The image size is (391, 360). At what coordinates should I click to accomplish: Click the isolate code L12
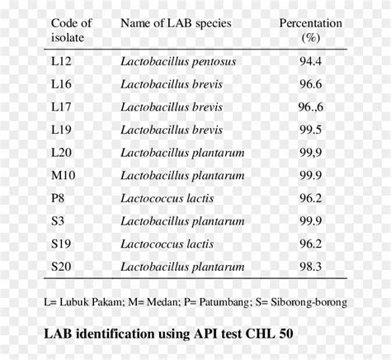tap(62, 61)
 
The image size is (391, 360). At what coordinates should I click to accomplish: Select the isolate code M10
tap(64, 175)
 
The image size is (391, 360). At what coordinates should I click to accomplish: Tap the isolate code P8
tap(59, 198)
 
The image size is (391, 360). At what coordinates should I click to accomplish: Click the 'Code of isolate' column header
tap(71, 31)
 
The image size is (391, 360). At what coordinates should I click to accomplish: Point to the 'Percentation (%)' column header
tap(310, 31)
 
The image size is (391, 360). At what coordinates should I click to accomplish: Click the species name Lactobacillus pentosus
tap(177, 61)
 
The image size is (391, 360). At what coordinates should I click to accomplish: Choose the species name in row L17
tap(172, 107)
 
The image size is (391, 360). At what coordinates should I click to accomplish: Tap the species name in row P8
tap(167, 198)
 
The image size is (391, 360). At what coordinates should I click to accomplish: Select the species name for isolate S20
tap(182, 266)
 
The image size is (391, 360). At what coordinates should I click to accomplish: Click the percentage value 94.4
tap(310, 61)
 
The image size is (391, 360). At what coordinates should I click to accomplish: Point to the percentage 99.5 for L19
tap(310, 130)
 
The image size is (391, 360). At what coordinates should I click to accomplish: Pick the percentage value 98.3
tap(310, 266)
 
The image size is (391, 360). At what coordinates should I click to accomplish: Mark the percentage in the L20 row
tap(310, 153)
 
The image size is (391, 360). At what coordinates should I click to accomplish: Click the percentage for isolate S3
tap(310, 220)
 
